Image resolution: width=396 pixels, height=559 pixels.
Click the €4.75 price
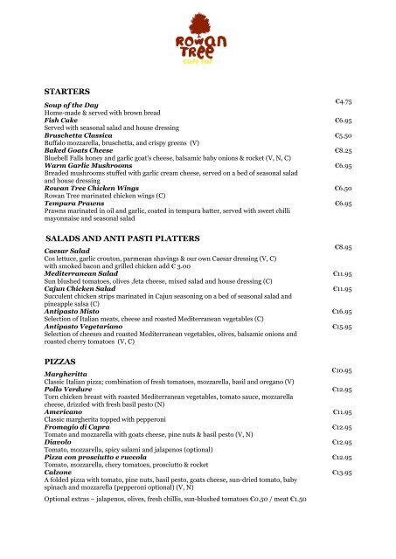click(343, 103)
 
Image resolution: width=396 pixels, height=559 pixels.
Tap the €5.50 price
click(343, 136)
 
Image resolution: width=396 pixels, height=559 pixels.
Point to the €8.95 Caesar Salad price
click(343, 249)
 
